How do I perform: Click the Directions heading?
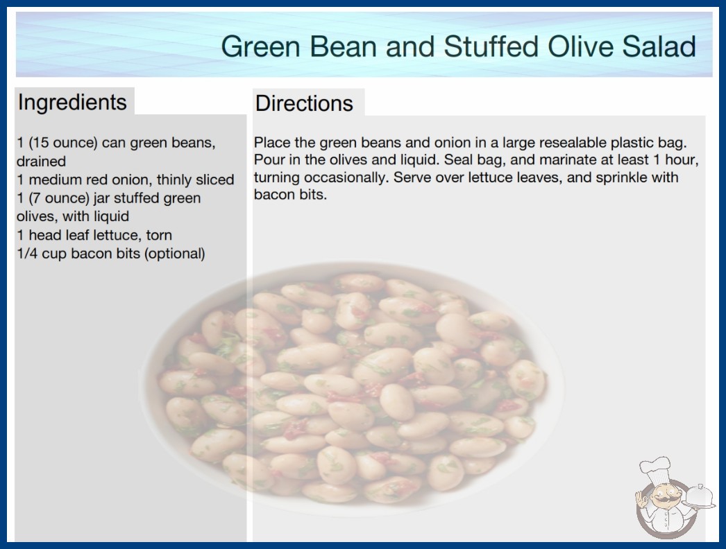pos(304,103)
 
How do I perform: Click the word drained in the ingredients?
pos(41,162)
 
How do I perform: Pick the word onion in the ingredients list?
pos(135,180)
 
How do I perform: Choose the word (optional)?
pos(174,254)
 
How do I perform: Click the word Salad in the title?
pos(659,46)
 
